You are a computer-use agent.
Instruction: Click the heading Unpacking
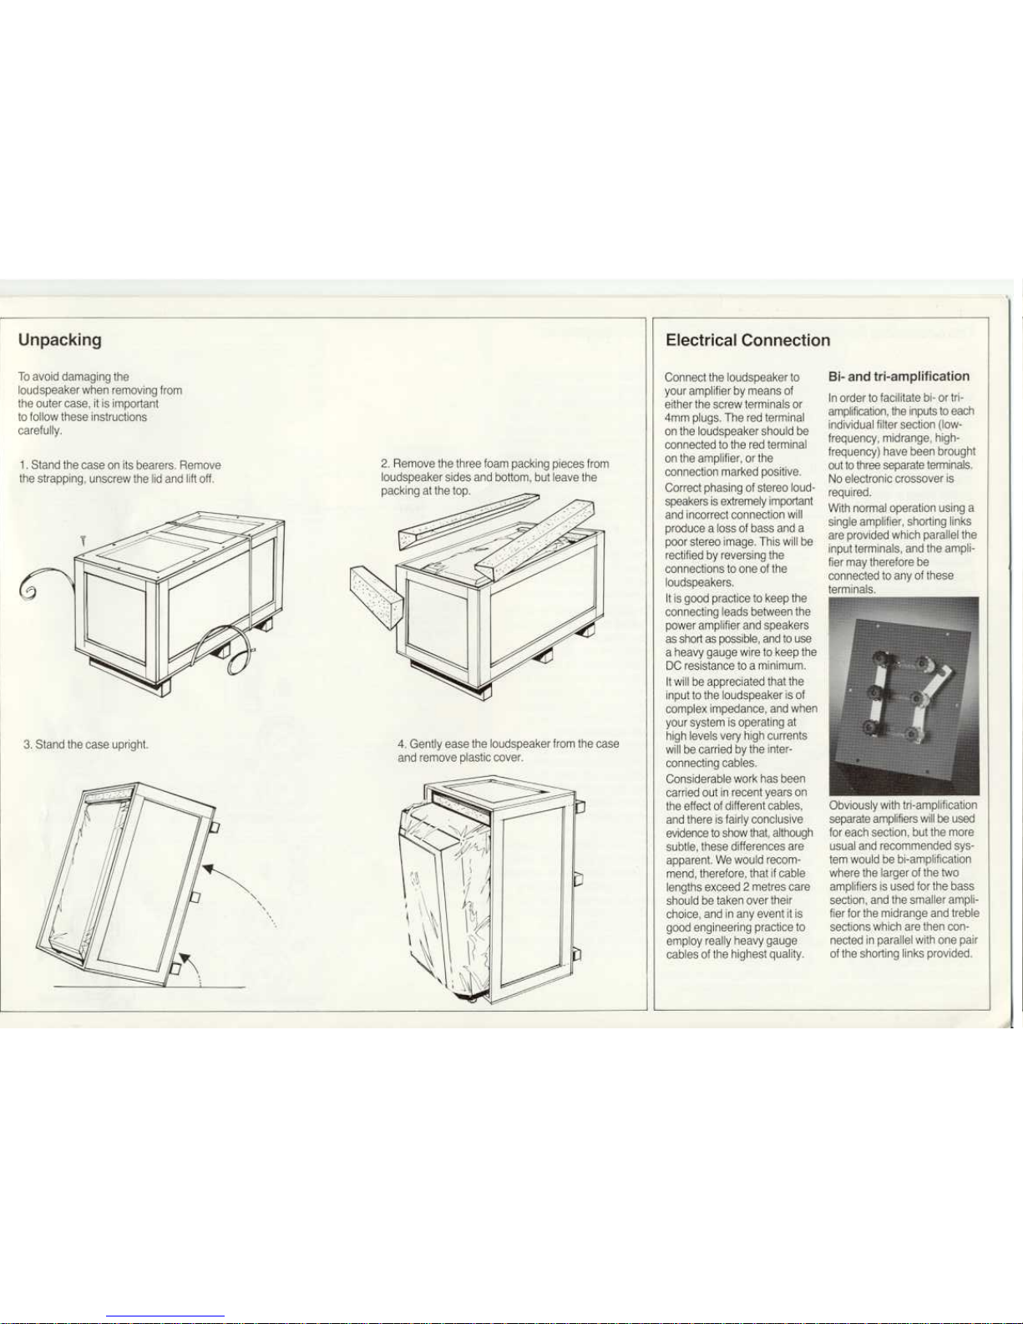pos(60,340)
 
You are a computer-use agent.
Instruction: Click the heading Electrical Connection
pos(747,340)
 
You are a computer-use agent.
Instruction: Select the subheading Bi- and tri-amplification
pos(899,377)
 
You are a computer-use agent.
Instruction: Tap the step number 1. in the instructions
pos(23,464)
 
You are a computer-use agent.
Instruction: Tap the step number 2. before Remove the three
pos(385,464)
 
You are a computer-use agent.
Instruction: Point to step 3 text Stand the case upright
pos(91,744)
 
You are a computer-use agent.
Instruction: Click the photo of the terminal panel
pos(904,697)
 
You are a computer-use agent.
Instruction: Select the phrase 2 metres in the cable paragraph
pos(739,887)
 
